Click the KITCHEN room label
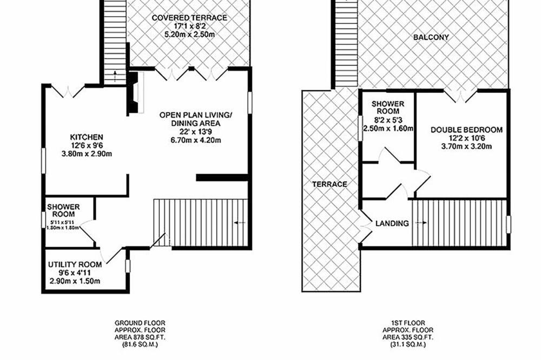point(87,137)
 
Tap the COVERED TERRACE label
point(189,18)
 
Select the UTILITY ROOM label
point(75,264)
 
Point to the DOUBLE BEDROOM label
point(466,130)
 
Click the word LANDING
point(392,223)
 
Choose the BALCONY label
point(431,37)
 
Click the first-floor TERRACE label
point(329,184)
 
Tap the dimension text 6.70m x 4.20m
point(196,140)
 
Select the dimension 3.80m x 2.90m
point(87,154)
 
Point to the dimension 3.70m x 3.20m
point(466,146)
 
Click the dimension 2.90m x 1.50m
point(75,281)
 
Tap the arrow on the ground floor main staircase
point(240,223)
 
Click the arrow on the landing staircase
point(420,223)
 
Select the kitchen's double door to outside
point(68,91)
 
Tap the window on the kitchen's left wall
point(44,161)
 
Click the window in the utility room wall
point(128,266)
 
